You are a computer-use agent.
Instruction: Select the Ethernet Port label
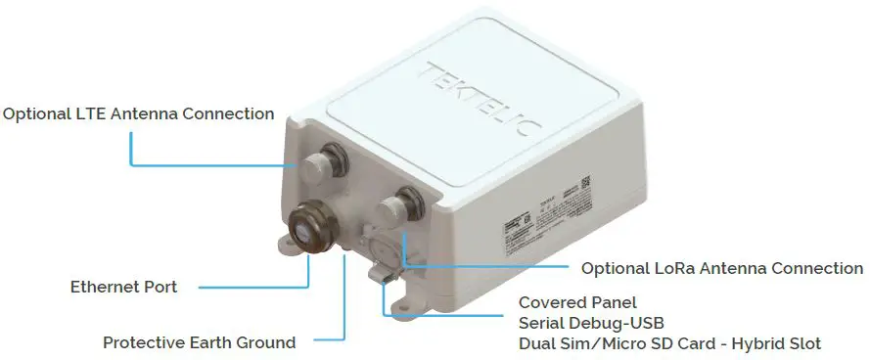pos(123,287)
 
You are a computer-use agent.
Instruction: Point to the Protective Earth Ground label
pos(199,342)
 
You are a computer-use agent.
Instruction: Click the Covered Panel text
pos(577,302)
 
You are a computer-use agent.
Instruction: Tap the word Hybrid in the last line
pos(750,343)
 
